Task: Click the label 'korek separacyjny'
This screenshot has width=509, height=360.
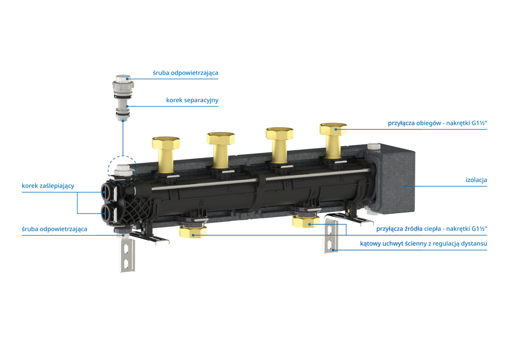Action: (x=192, y=100)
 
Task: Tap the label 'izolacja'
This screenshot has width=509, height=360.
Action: (x=476, y=180)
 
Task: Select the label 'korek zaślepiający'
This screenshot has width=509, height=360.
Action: (x=48, y=186)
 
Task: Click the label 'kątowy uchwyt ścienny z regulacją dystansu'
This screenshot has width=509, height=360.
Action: (x=424, y=244)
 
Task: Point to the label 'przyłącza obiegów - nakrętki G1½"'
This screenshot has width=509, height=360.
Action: (x=437, y=123)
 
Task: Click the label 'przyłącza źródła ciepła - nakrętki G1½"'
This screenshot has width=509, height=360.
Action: (x=432, y=229)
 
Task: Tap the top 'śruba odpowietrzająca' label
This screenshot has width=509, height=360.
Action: (x=185, y=73)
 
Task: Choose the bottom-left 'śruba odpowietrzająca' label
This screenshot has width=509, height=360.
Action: (x=54, y=229)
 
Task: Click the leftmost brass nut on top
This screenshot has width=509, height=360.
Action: (x=166, y=143)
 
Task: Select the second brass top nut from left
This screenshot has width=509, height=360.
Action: (x=221, y=138)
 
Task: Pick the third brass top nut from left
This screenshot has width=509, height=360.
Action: (x=280, y=133)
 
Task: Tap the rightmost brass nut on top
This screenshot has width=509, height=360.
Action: (x=333, y=129)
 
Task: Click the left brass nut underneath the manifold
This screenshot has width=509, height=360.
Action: (x=193, y=232)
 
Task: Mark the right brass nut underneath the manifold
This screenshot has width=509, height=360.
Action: (x=306, y=222)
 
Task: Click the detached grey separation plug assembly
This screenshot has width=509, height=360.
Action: (x=123, y=98)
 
